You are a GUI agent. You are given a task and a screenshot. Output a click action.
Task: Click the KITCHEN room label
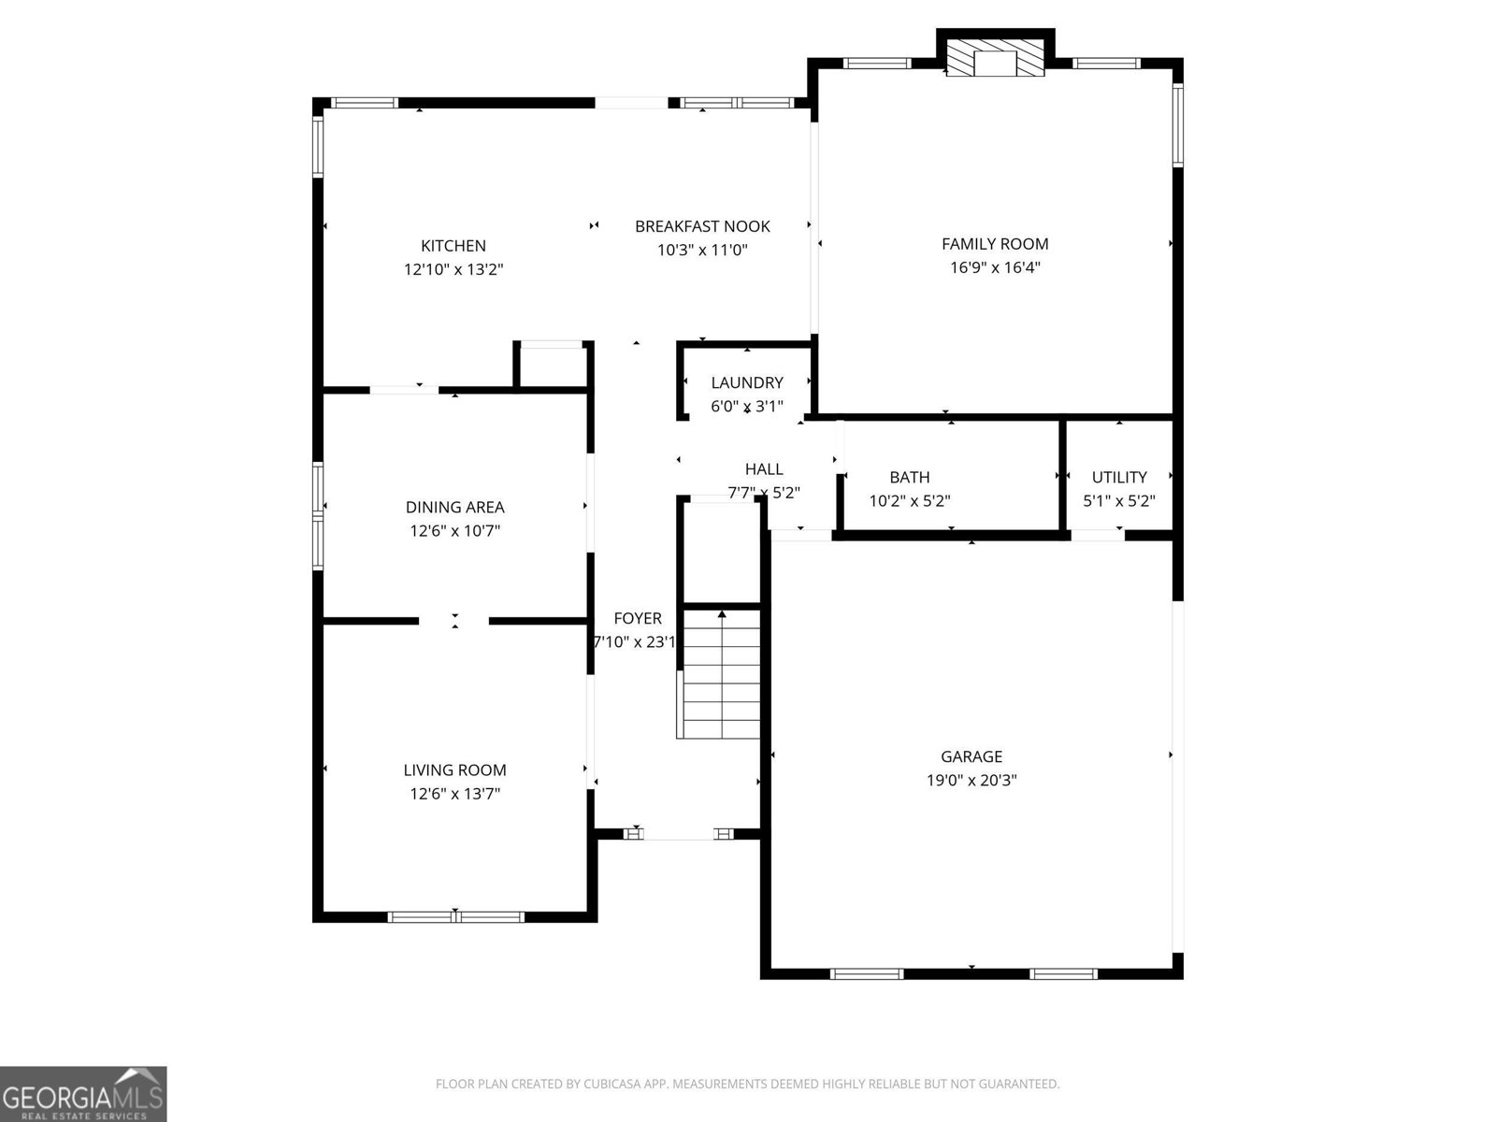click(453, 246)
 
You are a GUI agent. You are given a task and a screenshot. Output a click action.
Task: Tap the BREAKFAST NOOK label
click(702, 226)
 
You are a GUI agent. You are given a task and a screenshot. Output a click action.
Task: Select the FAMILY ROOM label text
click(995, 244)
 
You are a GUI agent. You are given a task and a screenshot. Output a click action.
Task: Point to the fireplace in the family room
click(995, 58)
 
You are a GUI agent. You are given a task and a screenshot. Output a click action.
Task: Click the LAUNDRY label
click(747, 382)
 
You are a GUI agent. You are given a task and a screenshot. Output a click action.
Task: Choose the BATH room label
click(909, 477)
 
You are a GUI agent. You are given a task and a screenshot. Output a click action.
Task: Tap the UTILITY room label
click(1119, 477)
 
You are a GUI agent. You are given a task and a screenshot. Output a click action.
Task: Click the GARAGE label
click(971, 756)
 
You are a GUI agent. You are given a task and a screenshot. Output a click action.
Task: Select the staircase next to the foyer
click(721, 673)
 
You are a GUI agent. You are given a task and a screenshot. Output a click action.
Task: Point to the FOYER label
click(638, 618)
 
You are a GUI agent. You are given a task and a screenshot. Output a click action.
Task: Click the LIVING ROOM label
click(454, 770)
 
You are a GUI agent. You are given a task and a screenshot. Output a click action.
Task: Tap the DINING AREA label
click(454, 507)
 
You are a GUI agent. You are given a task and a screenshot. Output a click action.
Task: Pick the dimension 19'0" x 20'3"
click(971, 780)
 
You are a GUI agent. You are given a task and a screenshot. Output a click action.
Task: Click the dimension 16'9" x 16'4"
click(995, 267)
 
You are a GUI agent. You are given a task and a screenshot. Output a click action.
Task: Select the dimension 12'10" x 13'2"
click(453, 269)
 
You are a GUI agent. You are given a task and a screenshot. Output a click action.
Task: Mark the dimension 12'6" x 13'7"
click(454, 794)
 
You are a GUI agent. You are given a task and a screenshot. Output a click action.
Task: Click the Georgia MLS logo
click(83, 1094)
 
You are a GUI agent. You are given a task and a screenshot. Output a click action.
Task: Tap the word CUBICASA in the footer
click(612, 1084)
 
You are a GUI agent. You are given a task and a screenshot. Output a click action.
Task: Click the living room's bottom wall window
click(456, 917)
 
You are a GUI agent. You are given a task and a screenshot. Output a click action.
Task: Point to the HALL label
click(763, 468)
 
